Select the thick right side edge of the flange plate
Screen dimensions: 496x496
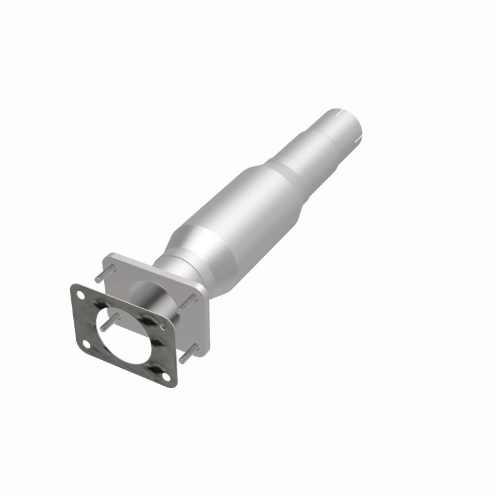tap(204, 322)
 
